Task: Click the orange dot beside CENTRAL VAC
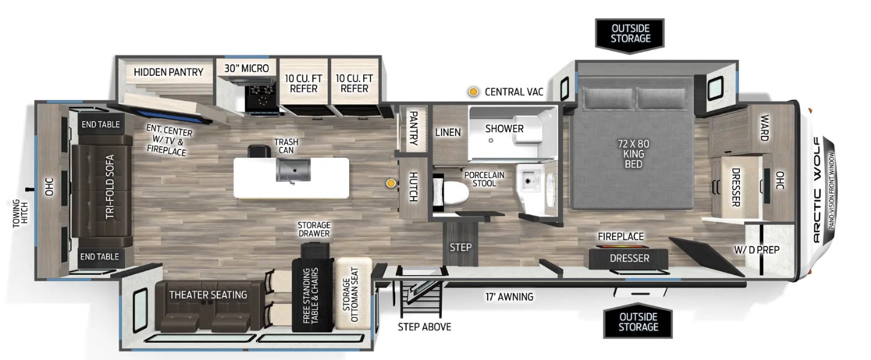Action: click(x=473, y=92)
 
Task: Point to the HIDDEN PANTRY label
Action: click(x=168, y=72)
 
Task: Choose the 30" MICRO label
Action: click(x=246, y=69)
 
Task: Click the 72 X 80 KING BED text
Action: click(x=634, y=154)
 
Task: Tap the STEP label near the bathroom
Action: click(x=461, y=247)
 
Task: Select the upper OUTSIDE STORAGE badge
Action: click(x=630, y=33)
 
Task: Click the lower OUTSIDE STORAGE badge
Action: click(x=637, y=321)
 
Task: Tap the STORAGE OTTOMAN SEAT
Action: click(x=353, y=294)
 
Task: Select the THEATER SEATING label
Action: click(x=208, y=294)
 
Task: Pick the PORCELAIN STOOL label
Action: click(x=484, y=179)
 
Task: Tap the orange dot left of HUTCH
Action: click(x=390, y=182)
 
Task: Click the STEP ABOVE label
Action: click(x=424, y=326)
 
